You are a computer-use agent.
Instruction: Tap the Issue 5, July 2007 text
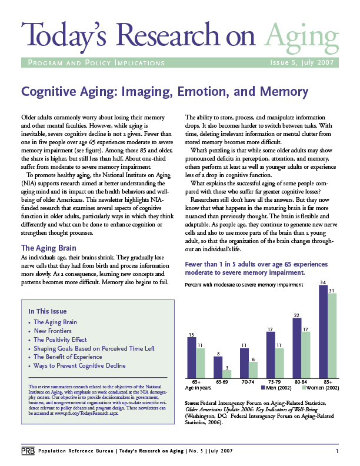(302, 62)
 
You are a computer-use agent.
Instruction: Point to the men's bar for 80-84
(296, 348)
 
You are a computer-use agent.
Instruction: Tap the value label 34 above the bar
(322, 283)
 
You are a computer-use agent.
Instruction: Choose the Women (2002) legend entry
(319, 388)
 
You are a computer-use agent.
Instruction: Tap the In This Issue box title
(47, 311)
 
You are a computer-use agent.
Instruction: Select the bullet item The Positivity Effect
(60, 339)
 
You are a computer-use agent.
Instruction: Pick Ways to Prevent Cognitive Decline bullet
(79, 365)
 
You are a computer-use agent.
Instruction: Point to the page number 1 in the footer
(337, 451)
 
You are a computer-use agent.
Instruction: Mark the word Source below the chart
(195, 402)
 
